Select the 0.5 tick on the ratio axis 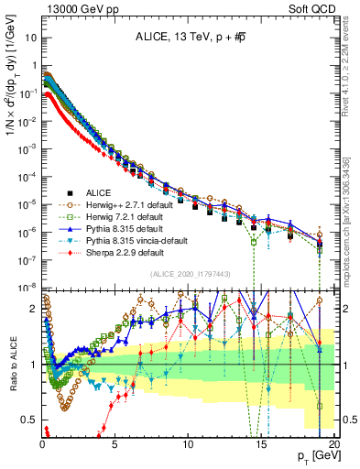coord(29,420)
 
